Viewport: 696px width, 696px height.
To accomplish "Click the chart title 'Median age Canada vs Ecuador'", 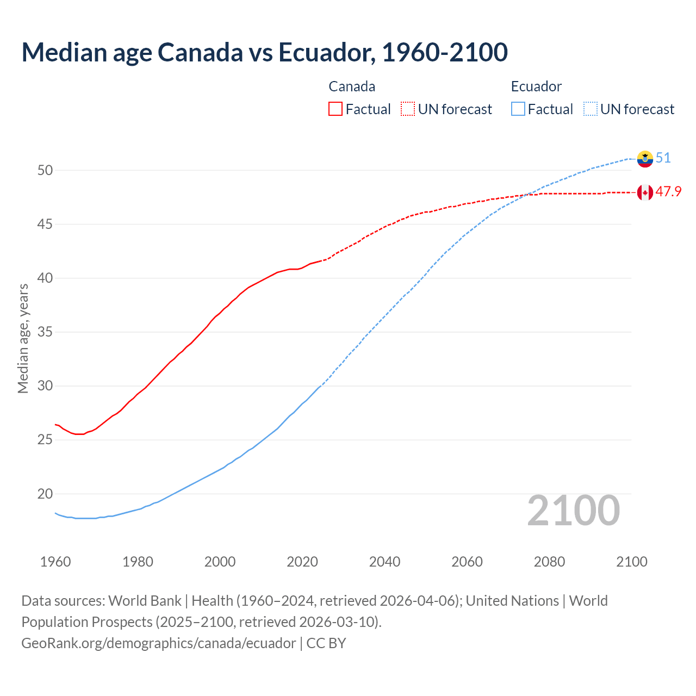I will click(264, 52).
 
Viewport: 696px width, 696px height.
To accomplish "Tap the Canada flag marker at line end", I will click(645, 192).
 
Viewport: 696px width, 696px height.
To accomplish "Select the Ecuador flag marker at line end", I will click(645, 159).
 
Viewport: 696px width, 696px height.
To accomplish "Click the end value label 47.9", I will click(668, 192).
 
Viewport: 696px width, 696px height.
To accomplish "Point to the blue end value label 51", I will click(663, 158).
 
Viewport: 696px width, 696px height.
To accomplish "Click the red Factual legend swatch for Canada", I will click(335, 109).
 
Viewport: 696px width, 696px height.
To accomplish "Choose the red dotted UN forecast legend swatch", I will click(408, 109).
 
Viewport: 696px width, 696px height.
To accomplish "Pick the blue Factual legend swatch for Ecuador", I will click(518, 109).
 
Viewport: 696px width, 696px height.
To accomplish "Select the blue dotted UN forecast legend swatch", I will click(591, 109).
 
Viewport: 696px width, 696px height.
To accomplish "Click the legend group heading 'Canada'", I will click(352, 86).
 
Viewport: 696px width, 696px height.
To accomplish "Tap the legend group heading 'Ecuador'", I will click(536, 86).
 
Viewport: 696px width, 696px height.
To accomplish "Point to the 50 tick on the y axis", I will click(45, 170).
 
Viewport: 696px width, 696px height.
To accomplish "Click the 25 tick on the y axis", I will click(45, 440).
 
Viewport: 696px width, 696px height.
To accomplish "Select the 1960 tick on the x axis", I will click(55, 562).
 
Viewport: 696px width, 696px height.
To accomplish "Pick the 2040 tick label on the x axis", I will click(384, 562).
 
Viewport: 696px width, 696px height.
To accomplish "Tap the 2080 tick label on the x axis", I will click(549, 562).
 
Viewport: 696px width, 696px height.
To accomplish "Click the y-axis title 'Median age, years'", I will click(23, 338).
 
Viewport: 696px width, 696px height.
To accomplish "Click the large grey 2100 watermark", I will click(573, 511).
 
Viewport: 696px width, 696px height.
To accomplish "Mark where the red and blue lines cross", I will click(529, 194).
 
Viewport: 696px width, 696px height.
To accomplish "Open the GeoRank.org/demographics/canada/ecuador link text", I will click(159, 643).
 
